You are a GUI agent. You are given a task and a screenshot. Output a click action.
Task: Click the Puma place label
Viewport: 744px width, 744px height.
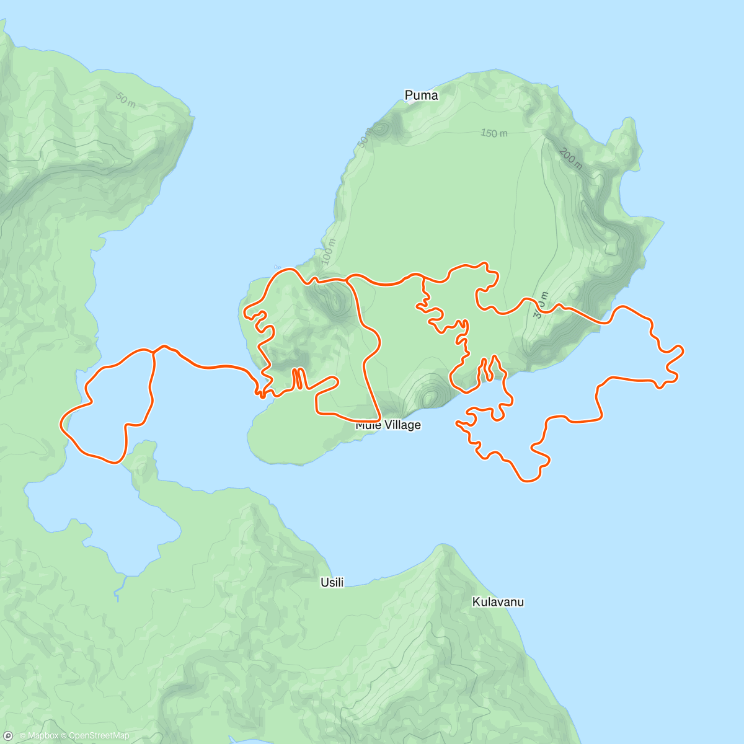pyautogui.click(x=421, y=95)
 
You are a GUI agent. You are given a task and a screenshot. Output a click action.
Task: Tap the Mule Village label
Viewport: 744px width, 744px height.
pyautogui.click(x=388, y=425)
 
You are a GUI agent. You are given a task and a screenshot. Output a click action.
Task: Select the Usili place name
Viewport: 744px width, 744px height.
pyautogui.click(x=332, y=582)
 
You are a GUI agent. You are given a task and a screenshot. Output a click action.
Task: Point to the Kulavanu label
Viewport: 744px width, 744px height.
pyautogui.click(x=498, y=602)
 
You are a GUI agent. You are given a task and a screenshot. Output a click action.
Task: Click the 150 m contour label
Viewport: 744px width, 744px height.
pyautogui.click(x=494, y=133)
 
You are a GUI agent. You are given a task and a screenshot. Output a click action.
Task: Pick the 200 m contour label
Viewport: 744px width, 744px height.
pyautogui.click(x=570, y=159)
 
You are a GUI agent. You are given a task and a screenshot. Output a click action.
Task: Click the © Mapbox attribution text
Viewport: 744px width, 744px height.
pyautogui.click(x=38, y=736)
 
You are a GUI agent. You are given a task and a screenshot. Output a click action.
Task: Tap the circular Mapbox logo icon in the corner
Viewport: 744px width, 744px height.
pyautogui.click(x=8, y=736)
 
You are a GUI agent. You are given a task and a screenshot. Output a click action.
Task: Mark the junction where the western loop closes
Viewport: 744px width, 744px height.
pyautogui.click(x=153, y=351)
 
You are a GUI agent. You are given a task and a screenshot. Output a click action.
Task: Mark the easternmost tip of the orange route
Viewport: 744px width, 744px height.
pyautogui.click(x=683, y=351)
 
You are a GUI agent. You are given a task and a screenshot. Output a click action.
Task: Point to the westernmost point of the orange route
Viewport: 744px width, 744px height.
pyautogui.click(x=61, y=424)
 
